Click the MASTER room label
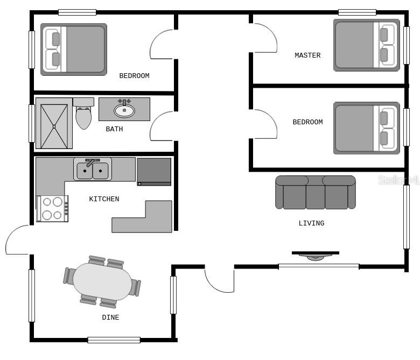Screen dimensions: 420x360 [307, 55]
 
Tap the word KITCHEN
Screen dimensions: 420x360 [104, 199]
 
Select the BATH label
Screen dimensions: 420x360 [114, 129]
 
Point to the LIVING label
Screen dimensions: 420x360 [312, 223]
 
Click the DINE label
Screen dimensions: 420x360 [110, 317]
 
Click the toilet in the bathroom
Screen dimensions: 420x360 [83, 114]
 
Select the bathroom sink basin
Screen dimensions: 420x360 [124, 110]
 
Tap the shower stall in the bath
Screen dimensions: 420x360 [54, 123]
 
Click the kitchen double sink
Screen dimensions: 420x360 [93, 170]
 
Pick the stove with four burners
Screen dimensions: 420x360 [52, 209]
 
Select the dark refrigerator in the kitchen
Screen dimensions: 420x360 [154, 172]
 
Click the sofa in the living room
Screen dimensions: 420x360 [316, 193]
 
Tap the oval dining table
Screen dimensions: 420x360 [102, 281]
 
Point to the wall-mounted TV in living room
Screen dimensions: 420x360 [316, 255]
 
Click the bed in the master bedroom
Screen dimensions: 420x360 [367, 45]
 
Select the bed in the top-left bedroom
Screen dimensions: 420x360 [74, 50]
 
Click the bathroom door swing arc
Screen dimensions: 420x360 [155, 119]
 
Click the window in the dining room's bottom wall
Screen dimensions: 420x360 [114, 340]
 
